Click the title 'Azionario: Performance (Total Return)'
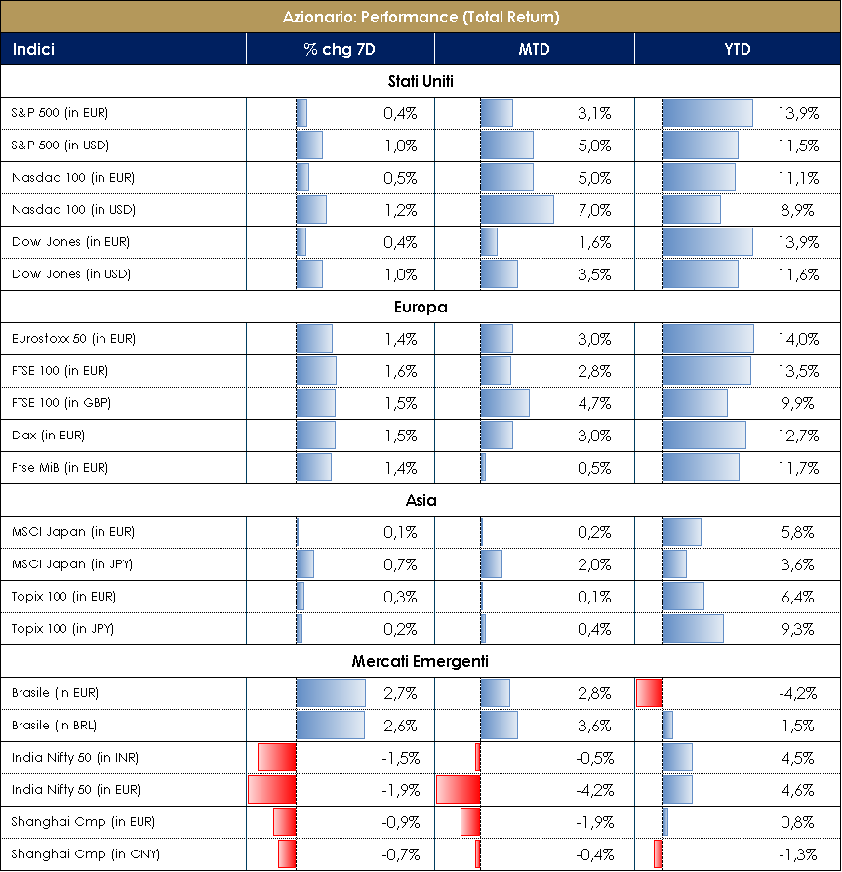pos(421,17)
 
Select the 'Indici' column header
pos(33,49)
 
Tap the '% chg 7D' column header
pos(340,49)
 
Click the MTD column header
pos(534,49)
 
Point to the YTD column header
pos(738,49)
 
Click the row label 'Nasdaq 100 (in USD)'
pos(73,210)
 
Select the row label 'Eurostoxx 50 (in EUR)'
pos(73,339)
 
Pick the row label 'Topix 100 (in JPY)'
pos(62,629)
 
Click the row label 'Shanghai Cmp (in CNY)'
pos(74,854)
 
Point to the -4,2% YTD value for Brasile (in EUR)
pos(796,693)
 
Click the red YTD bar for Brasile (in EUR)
pos(649,693)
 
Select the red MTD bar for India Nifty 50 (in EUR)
pos(458,790)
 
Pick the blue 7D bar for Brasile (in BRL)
pos(330,726)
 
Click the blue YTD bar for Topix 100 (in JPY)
pos(693,629)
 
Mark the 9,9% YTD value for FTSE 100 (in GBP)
pos(799,403)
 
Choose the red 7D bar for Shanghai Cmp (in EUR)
pos(284,822)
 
